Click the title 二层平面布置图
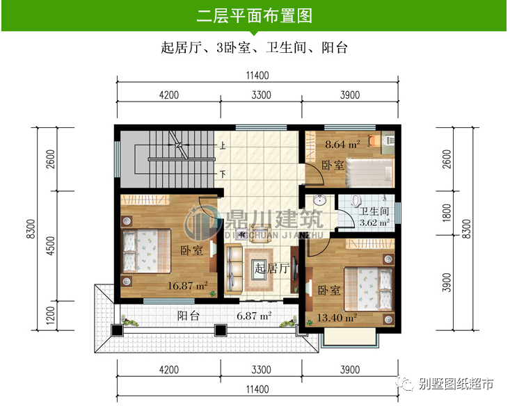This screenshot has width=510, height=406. [x=254, y=15]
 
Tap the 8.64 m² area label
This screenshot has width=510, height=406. [x=342, y=145]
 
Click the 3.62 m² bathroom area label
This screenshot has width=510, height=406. [x=374, y=224]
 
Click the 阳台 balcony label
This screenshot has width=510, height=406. [x=189, y=316]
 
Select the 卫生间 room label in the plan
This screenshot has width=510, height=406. [x=374, y=211]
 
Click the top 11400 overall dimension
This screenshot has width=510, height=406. [x=256, y=75]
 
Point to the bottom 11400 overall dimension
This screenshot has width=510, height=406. [x=256, y=389]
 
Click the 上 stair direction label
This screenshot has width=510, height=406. [x=223, y=147]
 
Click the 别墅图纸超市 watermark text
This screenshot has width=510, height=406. [x=456, y=383]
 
